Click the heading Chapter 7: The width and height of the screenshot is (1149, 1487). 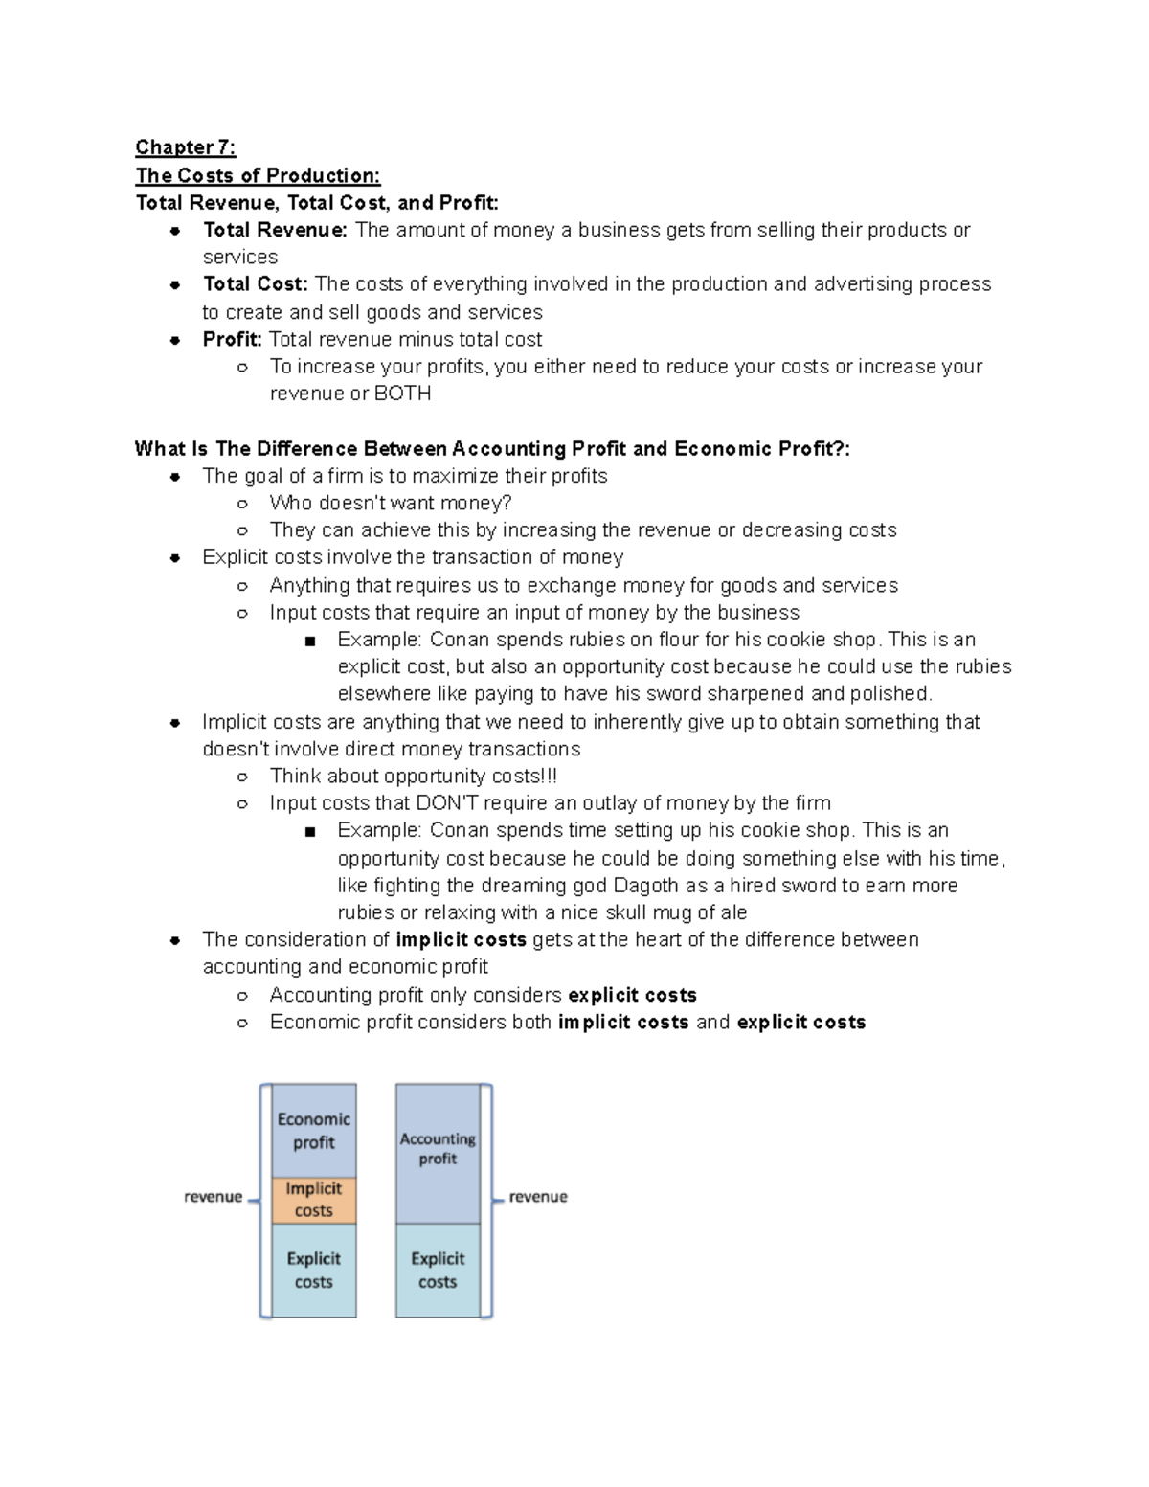click(185, 147)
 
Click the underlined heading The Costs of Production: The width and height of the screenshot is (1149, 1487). click(258, 175)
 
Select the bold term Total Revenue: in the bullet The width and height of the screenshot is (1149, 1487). click(275, 230)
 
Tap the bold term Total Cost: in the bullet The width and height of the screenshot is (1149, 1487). click(255, 284)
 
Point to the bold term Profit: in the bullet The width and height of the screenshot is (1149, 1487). click(232, 339)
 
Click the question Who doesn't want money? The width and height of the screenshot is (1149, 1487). click(391, 503)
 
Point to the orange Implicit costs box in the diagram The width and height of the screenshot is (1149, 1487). click(313, 1200)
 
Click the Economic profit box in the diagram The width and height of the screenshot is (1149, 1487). click(313, 1131)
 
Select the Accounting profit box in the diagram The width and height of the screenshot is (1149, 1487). click(438, 1149)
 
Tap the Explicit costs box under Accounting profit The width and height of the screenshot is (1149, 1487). click(438, 1271)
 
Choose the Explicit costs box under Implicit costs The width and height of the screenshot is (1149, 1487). click(313, 1271)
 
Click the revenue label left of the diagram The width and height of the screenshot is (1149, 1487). click(213, 1197)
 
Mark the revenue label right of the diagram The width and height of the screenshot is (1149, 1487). click(538, 1197)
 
